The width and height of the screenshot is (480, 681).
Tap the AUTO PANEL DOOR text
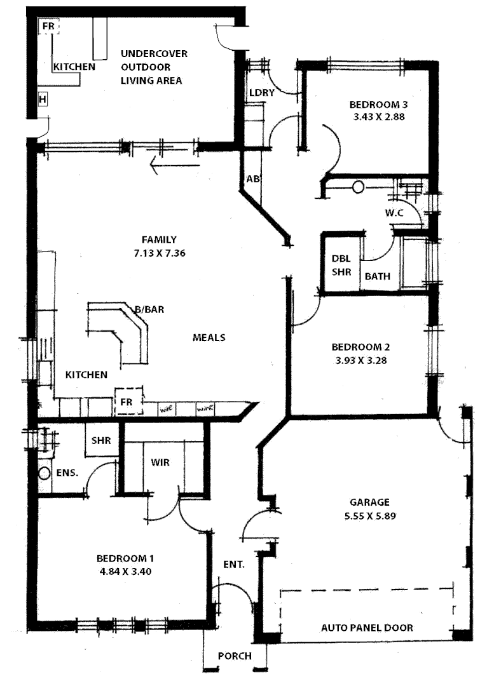tap(367, 628)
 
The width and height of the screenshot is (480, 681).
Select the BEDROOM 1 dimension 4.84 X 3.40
tap(125, 570)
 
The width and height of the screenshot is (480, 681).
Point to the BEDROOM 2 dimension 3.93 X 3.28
tap(360, 360)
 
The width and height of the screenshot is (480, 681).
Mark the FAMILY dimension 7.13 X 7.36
tap(159, 252)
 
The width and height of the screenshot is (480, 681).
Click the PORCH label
tap(235, 656)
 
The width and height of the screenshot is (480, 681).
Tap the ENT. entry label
tap(234, 563)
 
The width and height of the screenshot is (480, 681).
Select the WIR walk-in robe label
tap(160, 462)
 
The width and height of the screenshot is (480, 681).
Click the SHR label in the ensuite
tap(102, 440)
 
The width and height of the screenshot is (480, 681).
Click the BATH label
tap(378, 276)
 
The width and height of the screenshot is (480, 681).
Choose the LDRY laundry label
tap(261, 92)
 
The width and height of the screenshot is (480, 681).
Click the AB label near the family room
tap(252, 179)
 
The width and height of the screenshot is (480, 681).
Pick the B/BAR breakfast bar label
tap(149, 309)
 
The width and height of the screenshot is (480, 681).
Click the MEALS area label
tap(209, 337)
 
